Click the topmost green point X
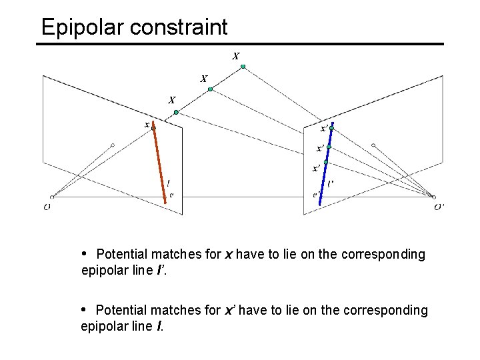tap(243, 67)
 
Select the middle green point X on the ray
tap(209, 89)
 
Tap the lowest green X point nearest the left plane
tap(176, 113)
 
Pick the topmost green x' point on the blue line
tap(331, 127)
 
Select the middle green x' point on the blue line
tap(329, 146)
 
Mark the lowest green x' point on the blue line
tap(326, 163)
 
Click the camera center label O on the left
tap(47, 207)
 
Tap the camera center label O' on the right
tap(439, 207)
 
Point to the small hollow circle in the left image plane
tap(113, 145)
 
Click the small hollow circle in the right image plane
tap(373, 145)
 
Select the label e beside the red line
tap(171, 195)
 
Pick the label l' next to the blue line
tap(331, 183)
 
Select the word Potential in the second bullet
tap(123, 310)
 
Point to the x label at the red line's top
tap(147, 124)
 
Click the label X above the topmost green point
tap(236, 56)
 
